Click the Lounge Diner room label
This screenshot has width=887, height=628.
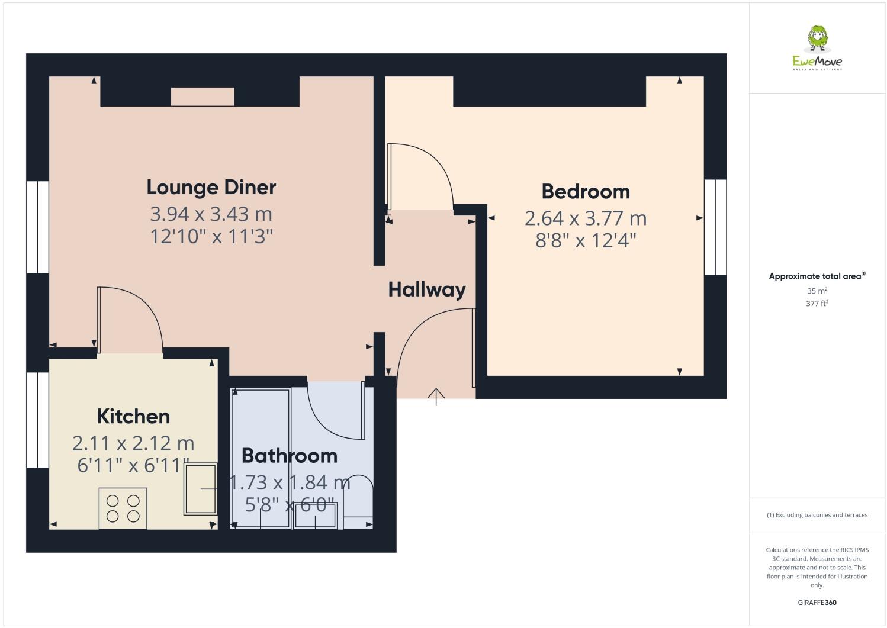click(x=211, y=188)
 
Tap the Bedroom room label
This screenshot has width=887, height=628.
click(x=586, y=192)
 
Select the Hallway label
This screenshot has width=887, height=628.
click(x=427, y=289)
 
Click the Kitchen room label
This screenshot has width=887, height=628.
click(x=133, y=417)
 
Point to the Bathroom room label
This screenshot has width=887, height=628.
click(x=290, y=456)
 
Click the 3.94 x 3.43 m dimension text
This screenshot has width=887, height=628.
click(x=211, y=213)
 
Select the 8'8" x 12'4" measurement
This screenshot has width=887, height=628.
click(x=586, y=241)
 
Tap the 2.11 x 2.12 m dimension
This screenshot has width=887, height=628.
click(x=133, y=443)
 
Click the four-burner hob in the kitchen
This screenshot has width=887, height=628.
click(x=123, y=508)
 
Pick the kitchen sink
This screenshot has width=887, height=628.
click(x=201, y=489)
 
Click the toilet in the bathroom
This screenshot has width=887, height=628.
click(x=358, y=497)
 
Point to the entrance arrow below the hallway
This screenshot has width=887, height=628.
click(x=436, y=397)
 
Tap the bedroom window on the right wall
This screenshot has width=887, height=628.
click(x=715, y=227)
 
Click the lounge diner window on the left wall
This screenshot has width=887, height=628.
click(x=37, y=227)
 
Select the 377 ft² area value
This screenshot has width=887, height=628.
click(x=817, y=304)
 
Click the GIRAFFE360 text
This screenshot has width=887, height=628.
click(x=817, y=603)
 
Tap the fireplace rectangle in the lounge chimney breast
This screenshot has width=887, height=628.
click(x=203, y=96)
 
